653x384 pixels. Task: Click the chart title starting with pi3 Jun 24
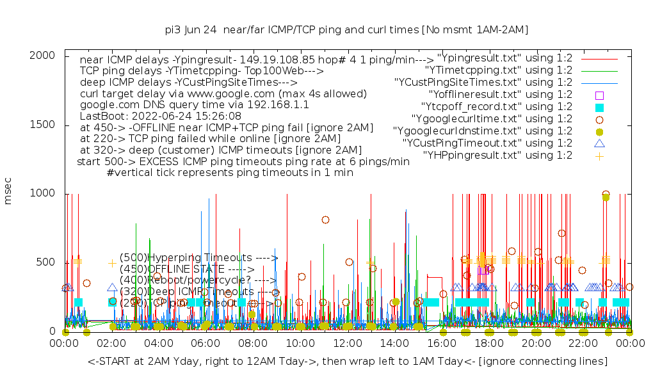(x=346, y=29)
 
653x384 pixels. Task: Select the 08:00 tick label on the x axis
(x=254, y=343)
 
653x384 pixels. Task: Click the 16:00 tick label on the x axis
(x=442, y=343)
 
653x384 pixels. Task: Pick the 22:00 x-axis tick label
(x=583, y=343)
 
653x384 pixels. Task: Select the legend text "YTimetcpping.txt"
(x=499, y=70)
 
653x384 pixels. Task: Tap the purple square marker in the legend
(x=599, y=95)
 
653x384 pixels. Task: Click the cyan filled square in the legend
(x=599, y=107)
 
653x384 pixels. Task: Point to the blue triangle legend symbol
(x=599, y=143)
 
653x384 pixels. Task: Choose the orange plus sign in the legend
(x=599, y=155)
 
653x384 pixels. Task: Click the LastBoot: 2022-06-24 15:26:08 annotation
(x=161, y=116)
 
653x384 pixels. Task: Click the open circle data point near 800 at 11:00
(x=325, y=220)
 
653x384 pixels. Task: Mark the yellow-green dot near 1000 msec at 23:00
(x=606, y=197)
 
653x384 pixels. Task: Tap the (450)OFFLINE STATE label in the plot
(x=187, y=269)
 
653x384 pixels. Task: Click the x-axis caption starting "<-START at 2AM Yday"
(x=348, y=362)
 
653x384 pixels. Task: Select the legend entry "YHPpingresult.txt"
(x=497, y=155)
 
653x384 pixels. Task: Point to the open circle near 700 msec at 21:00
(x=561, y=233)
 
